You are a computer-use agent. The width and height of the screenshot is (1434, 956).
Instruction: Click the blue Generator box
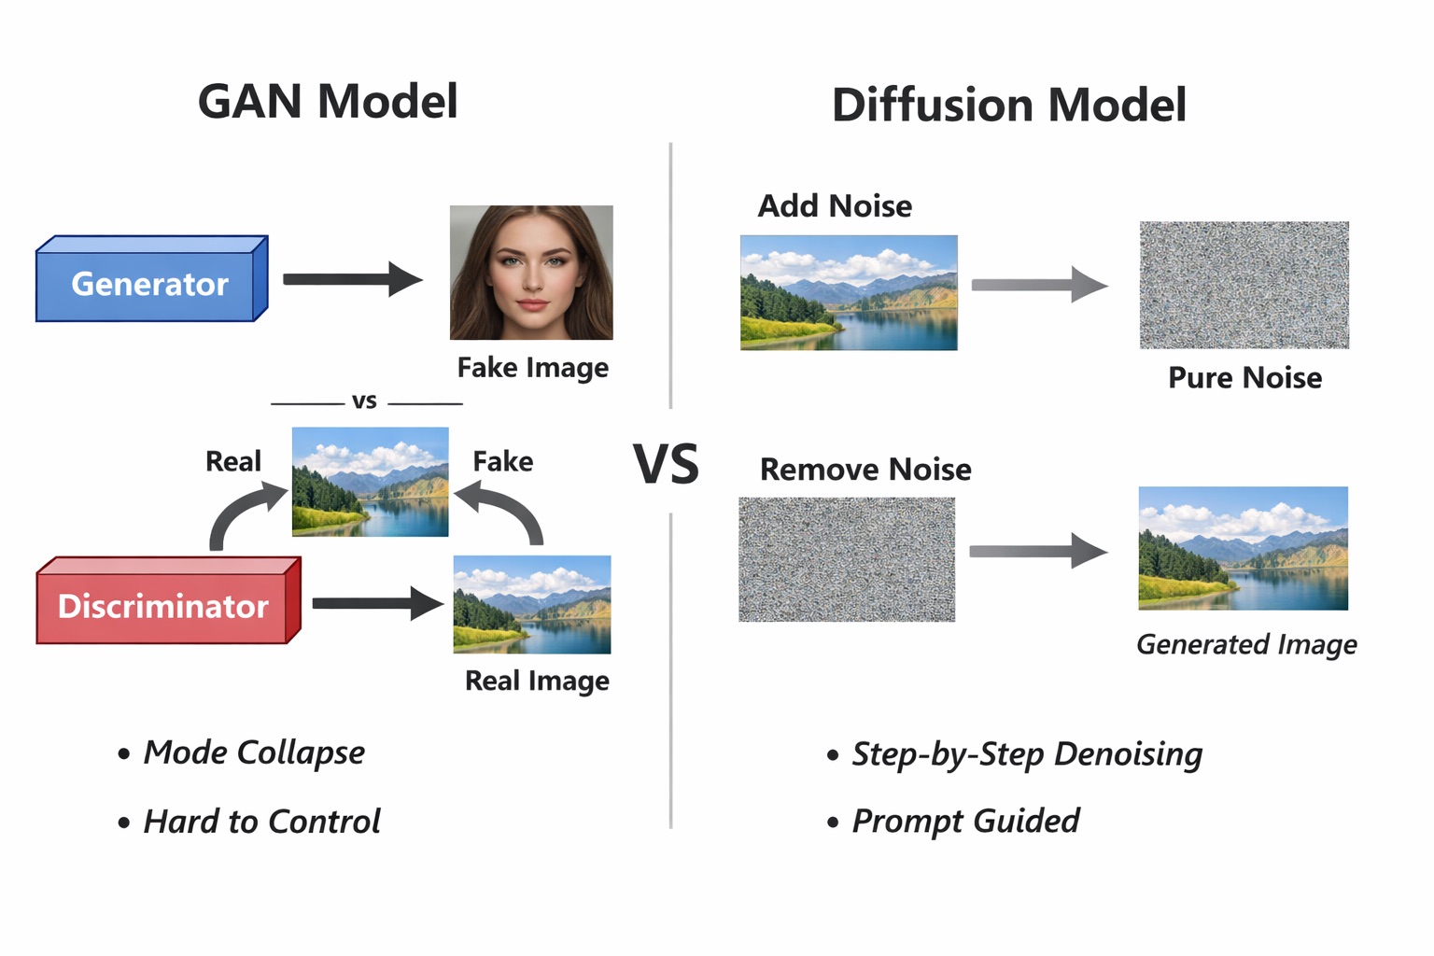tap(149, 283)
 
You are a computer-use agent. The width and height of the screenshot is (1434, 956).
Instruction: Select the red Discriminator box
tap(163, 606)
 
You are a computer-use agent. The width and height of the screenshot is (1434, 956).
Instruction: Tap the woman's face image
tap(531, 272)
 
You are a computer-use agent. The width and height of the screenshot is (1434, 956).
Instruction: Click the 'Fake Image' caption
tap(532, 368)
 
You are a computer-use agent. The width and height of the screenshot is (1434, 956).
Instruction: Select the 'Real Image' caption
tap(537, 681)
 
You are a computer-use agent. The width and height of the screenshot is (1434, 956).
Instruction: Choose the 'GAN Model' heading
tap(328, 101)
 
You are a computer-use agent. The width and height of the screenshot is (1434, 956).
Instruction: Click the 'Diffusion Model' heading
tap(1008, 105)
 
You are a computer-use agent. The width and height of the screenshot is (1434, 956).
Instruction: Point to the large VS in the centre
tap(666, 464)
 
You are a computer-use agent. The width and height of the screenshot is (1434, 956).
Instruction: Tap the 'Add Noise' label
tap(835, 205)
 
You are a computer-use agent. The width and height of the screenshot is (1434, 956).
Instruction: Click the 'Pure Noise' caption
tap(1244, 377)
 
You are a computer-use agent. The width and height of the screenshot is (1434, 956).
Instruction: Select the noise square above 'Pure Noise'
tap(1244, 285)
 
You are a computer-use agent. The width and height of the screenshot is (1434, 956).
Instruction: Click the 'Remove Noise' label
tap(865, 469)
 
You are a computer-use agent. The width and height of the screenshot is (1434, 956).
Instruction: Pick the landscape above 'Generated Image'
tap(1243, 548)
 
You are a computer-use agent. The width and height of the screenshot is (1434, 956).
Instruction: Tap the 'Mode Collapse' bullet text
tap(253, 752)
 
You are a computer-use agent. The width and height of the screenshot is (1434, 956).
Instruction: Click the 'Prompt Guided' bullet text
tap(965, 821)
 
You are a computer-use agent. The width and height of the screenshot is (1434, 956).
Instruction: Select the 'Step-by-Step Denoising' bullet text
tap(1027, 753)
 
